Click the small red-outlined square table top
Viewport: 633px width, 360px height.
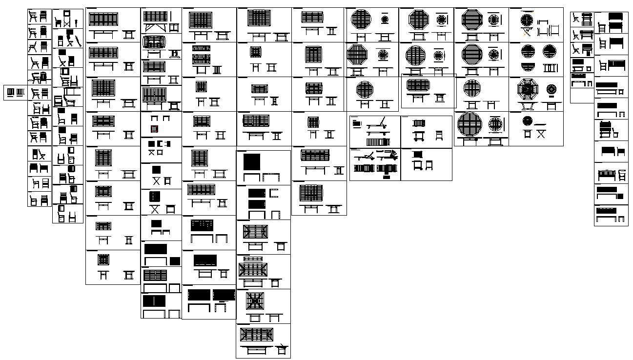tap(154, 129)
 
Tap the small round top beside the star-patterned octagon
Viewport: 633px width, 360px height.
tap(551, 89)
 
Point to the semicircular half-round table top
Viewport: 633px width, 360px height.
tap(528, 67)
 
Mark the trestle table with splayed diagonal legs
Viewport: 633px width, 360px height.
tap(155, 27)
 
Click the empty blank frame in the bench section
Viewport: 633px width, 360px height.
tap(581, 96)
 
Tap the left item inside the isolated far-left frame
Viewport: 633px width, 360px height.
tap(10, 92)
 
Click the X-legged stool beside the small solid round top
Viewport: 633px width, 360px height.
tap(541, 133)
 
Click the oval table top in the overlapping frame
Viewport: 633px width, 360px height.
tap(418, 85)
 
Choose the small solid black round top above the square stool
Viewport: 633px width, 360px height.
tap(527, 120)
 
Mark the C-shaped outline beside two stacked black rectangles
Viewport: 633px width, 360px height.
tap(273, 193)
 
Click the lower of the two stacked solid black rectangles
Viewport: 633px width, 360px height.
tap(257, 204)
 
